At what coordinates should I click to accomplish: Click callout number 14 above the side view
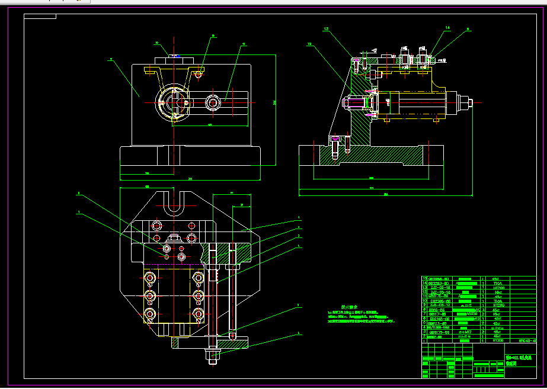[447, 28]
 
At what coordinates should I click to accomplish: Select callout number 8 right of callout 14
[468, 28]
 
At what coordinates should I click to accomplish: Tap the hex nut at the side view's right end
[469, 104]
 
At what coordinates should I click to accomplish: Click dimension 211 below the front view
[190, 178]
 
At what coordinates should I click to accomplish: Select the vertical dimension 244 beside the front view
[275, 102]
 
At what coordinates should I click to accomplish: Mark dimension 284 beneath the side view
[385, 194]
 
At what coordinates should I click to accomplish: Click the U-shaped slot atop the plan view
[174, 204]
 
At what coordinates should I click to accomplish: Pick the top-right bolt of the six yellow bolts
[199, 276]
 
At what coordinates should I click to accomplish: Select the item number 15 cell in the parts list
[424, 278]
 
